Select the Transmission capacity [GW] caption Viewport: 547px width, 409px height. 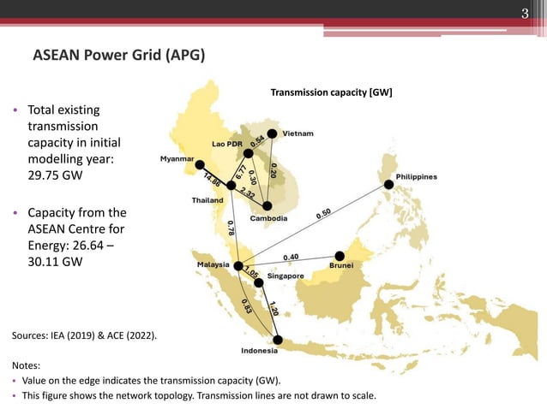331,92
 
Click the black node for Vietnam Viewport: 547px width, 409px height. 272,133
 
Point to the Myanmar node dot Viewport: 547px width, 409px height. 200,164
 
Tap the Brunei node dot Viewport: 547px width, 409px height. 340,255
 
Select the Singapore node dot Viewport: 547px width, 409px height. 258,282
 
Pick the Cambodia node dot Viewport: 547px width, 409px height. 267,206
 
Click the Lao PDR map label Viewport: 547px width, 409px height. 227,143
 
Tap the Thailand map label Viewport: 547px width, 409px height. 207,200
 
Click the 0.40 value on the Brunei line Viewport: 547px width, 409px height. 291,256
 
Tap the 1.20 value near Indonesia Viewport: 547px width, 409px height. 273,308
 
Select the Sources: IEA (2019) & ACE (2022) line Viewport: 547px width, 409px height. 84,336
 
